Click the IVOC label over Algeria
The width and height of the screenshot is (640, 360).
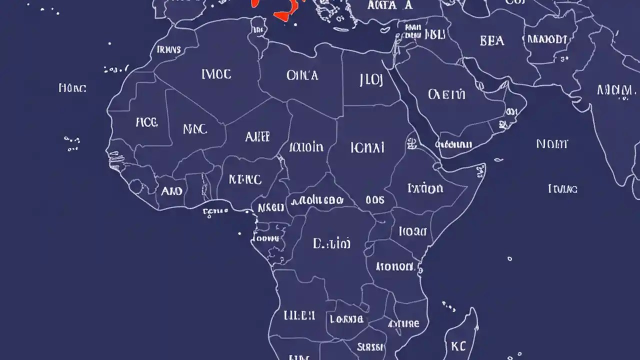click(216, 74)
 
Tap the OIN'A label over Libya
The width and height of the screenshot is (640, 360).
click(302, 75)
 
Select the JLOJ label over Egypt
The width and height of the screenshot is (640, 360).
click(371, 80)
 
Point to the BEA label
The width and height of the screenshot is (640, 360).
click(492, 40)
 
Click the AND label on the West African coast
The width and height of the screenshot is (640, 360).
click(171, 190)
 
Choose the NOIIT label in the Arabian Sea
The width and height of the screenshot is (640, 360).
click(552, 144)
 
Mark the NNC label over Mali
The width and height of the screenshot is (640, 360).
click(194, 129)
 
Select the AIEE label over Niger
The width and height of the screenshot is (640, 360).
click(257, 136)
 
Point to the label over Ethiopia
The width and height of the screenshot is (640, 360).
click(425, 188)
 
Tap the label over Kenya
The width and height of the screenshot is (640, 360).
click(412, 231)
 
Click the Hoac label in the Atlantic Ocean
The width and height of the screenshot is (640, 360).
click(72, 88)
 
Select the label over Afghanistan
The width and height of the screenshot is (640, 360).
click(547, 39)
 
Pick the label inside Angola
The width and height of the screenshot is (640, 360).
click(299, 315)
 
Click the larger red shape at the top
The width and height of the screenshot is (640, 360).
click(285, 10)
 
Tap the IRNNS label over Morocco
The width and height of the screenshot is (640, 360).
click(169, 49)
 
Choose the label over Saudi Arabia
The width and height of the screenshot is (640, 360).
click(446, 94)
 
